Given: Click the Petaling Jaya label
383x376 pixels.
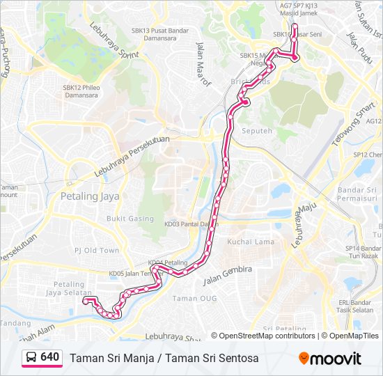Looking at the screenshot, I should [90, 196].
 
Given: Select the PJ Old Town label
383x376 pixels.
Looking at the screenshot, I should [97, 250].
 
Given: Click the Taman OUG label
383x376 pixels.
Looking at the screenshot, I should [194, 298].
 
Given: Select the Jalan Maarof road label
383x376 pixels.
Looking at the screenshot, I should [204, 61].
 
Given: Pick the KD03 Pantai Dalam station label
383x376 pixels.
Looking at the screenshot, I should [187, 224].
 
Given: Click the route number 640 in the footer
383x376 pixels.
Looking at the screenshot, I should [49, 357].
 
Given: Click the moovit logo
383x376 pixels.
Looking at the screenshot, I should [330, 359].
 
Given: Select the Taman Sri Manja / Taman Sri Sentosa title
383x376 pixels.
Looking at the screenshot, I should [164, 358].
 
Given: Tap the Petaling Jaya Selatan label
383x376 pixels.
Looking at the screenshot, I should [69, 289].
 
